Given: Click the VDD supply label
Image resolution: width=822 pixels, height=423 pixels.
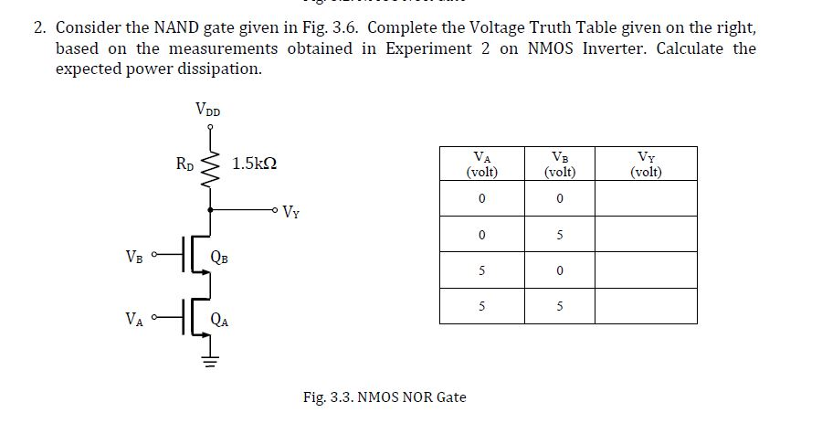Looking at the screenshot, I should [207, 110].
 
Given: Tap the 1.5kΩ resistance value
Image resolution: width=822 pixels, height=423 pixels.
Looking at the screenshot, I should [255, 164].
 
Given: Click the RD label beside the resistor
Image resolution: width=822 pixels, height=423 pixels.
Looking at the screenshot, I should [184, 164].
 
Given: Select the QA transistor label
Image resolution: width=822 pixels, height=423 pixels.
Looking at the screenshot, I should [220, 320].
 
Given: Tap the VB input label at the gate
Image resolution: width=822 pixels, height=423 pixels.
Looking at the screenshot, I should [134, 256].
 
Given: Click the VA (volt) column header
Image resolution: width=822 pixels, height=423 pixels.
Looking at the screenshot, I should [481, 164].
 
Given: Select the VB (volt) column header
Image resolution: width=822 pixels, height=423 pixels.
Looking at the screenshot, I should [559, 164].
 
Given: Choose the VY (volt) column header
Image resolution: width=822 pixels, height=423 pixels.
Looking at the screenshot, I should [646, 164].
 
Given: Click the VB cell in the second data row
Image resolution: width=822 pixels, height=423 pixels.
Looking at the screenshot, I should [559, 235].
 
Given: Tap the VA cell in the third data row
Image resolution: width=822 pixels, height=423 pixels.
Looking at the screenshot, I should [481, 270].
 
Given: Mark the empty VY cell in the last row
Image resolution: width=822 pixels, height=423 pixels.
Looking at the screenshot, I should [646, 306].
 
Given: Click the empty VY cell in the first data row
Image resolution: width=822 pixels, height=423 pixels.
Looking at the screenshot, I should [646, 199].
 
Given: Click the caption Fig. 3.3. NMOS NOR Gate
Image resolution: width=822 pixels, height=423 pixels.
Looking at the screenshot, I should [384, 397].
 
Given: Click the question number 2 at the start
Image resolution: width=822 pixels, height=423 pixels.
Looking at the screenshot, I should [38, 26].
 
